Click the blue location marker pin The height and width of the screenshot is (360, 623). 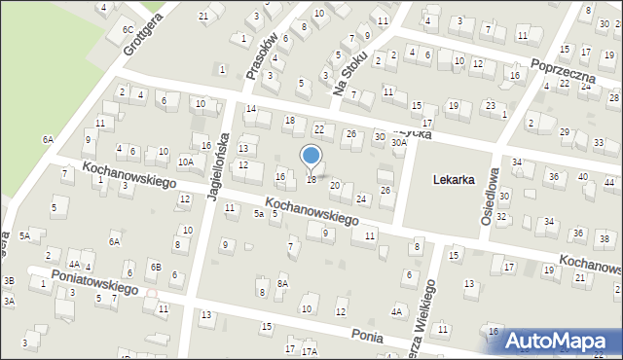coord(311,156)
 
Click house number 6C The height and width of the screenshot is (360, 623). coord(128,30)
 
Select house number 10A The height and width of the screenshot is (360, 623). coord(185,162)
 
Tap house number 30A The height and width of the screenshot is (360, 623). coord(398,142)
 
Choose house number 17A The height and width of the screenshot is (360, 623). coord(310,351)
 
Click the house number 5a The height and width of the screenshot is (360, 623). coord(259,213)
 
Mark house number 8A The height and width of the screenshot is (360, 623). coord(282,283)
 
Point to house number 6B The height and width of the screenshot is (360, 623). coord(155,267)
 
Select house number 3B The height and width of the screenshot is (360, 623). coord(9,280)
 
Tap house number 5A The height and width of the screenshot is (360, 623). coord(25,235)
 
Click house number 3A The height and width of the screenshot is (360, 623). coord(9,302)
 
